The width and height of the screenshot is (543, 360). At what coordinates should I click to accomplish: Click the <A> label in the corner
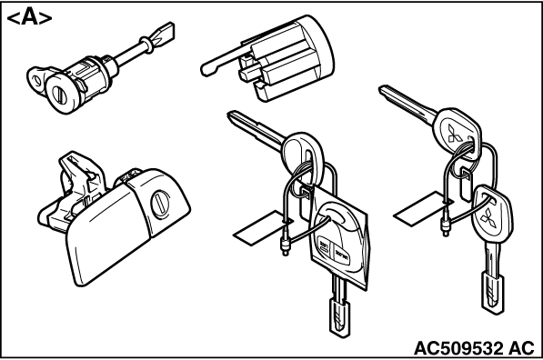coord(29,18)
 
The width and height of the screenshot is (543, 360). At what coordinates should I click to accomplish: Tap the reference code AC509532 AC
coord(475,348)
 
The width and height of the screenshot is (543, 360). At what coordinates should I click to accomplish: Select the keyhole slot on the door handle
coord(160,204)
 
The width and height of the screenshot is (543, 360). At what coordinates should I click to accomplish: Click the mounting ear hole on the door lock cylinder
coord(35,81)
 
